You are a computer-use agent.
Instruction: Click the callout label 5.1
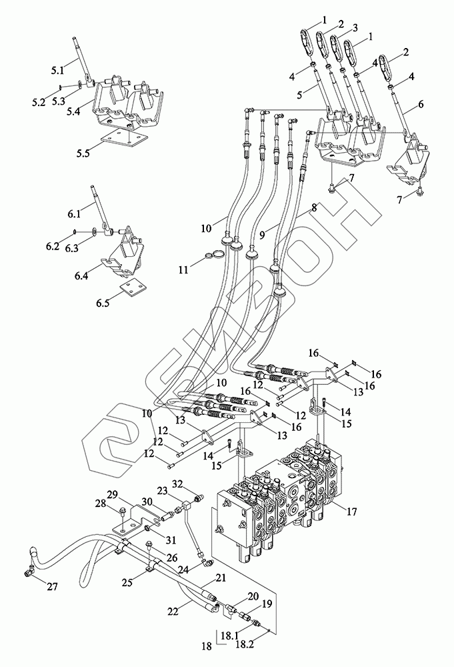pyautogui.click(x=57, y=69)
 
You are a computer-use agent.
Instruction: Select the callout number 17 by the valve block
pyautogui.click(x=351, y=512)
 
